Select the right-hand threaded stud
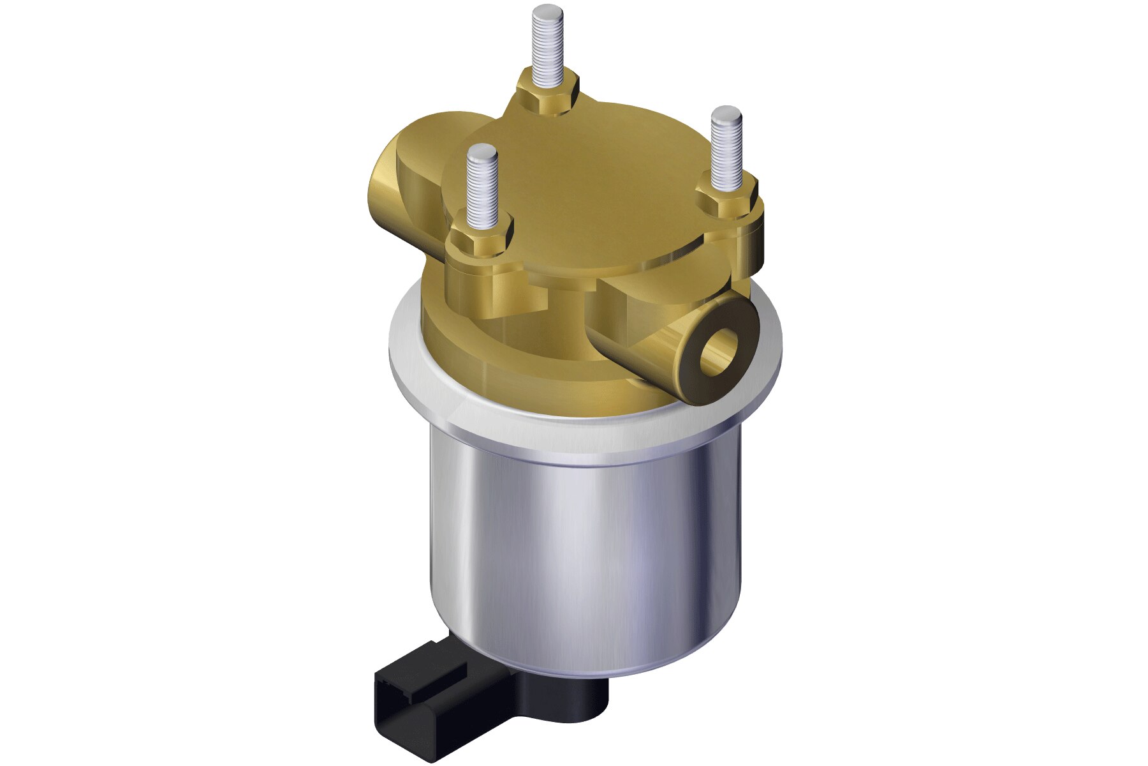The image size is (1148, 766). click(726, 153)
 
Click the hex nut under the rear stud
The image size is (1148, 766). click(550, 94)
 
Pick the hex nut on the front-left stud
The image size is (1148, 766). click(482, 239)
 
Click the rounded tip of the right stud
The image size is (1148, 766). click(726, 116)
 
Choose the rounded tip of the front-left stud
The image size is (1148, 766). click(482, 153)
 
